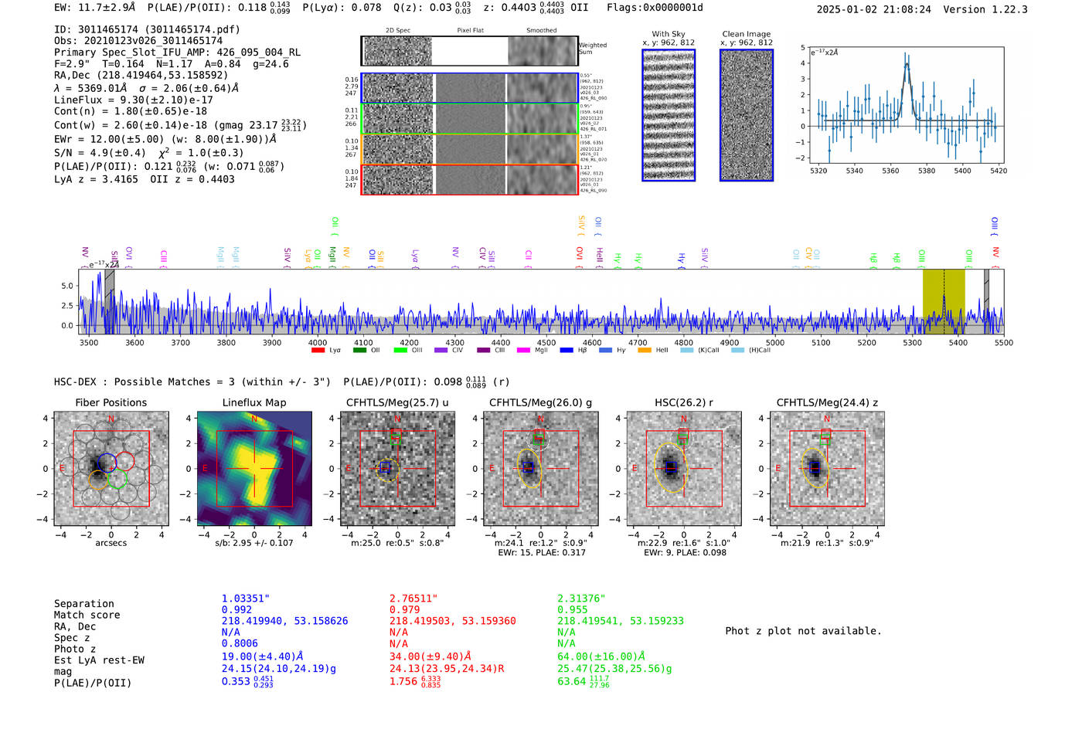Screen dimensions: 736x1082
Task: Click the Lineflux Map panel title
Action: coord(253,402)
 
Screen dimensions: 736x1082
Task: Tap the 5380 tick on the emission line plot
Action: coord(926,171)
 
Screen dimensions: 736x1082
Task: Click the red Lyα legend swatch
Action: coord(318,351)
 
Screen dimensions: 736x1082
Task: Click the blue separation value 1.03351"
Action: coord(245,599)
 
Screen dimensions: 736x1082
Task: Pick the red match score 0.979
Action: coord(404,610)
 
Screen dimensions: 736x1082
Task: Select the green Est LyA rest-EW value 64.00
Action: coord(601,656)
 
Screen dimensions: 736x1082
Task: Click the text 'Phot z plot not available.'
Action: coord(803,631)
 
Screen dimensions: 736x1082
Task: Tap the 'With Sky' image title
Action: coord(669,34)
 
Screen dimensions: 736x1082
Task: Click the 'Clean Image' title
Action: coord(746,34)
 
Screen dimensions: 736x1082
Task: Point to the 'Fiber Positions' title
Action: coord(111,402)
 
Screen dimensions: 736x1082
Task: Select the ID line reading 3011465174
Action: coord(147,29)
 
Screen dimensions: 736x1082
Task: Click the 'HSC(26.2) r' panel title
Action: coord(683,402)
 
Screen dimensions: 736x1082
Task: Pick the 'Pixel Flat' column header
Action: coord(470,31)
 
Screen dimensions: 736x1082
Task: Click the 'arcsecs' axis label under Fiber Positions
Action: coord(111,543)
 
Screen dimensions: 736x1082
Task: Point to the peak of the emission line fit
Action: coord(907,64)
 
